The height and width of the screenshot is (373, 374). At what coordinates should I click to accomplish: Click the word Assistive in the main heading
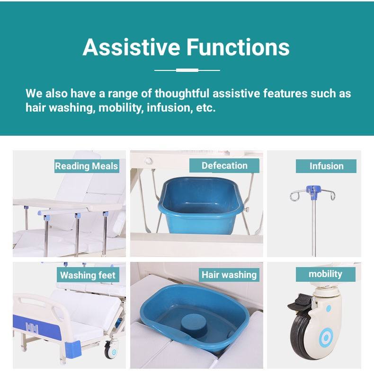point(131,47)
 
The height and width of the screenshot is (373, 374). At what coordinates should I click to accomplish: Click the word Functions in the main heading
point(238,47)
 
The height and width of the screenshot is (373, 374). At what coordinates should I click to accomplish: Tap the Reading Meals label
point(87,166)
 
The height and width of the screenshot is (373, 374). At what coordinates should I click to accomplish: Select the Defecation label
point(224,165)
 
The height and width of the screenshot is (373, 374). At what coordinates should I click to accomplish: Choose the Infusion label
point(326,166)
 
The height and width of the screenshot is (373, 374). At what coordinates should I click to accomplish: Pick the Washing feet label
point(88,275)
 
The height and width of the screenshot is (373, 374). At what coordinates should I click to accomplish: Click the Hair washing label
point(229,275)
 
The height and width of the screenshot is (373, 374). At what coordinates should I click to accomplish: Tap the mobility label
point(326,274)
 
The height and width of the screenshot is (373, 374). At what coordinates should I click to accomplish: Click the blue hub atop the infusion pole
point(312,191)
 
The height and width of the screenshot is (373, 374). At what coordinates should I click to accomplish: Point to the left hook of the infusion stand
point(295,196)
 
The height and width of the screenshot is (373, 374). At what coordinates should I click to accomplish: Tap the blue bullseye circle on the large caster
point(326,338)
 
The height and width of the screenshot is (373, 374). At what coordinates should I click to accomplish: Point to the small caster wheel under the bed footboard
point(111,350)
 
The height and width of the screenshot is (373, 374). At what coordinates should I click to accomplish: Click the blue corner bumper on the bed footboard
point(73,350)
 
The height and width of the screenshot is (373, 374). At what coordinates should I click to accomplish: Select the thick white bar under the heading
point(187,70)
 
